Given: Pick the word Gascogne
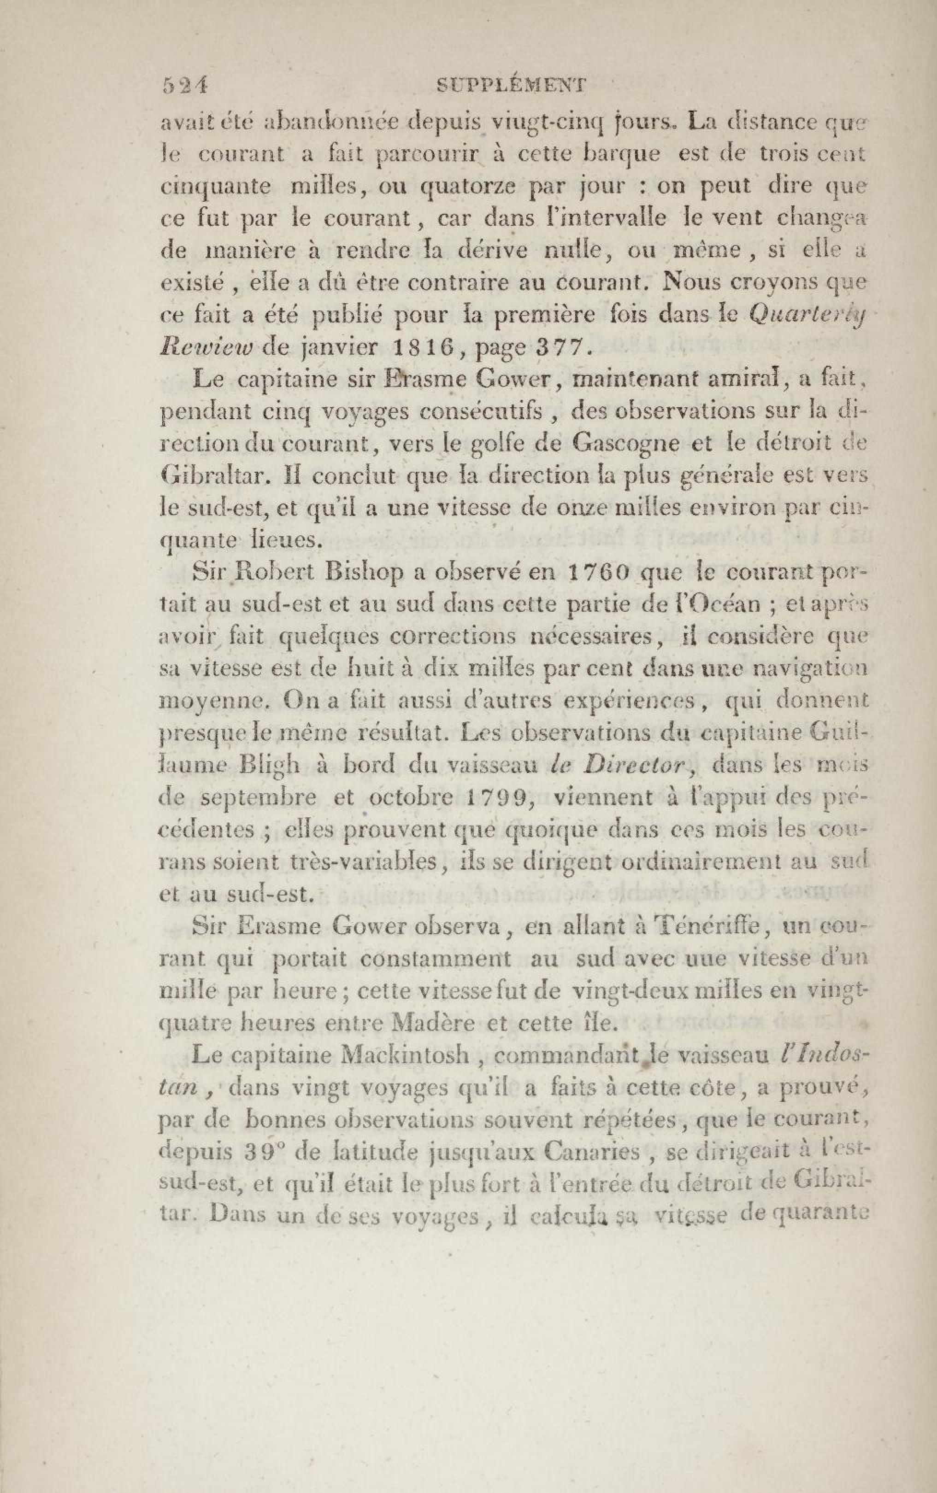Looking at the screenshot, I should tap(642, 443).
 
